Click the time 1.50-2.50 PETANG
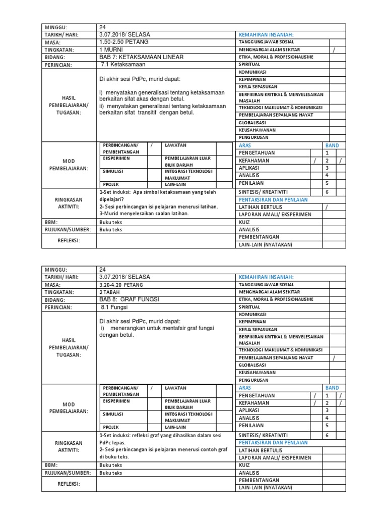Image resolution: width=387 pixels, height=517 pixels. [124, 42]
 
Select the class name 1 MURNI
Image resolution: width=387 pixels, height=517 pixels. [111, 49]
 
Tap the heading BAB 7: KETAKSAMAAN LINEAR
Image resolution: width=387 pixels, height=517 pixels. [141, 57]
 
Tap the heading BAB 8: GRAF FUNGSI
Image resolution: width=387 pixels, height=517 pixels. [130, 299]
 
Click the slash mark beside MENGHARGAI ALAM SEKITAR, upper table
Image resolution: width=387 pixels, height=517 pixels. [333, 49]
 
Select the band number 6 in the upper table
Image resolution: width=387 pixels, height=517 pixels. [327, 192]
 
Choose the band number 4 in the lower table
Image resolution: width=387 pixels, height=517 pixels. [327, 418]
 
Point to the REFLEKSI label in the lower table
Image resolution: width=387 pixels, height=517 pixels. [69, 484]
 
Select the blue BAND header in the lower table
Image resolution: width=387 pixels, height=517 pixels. [333, 388]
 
